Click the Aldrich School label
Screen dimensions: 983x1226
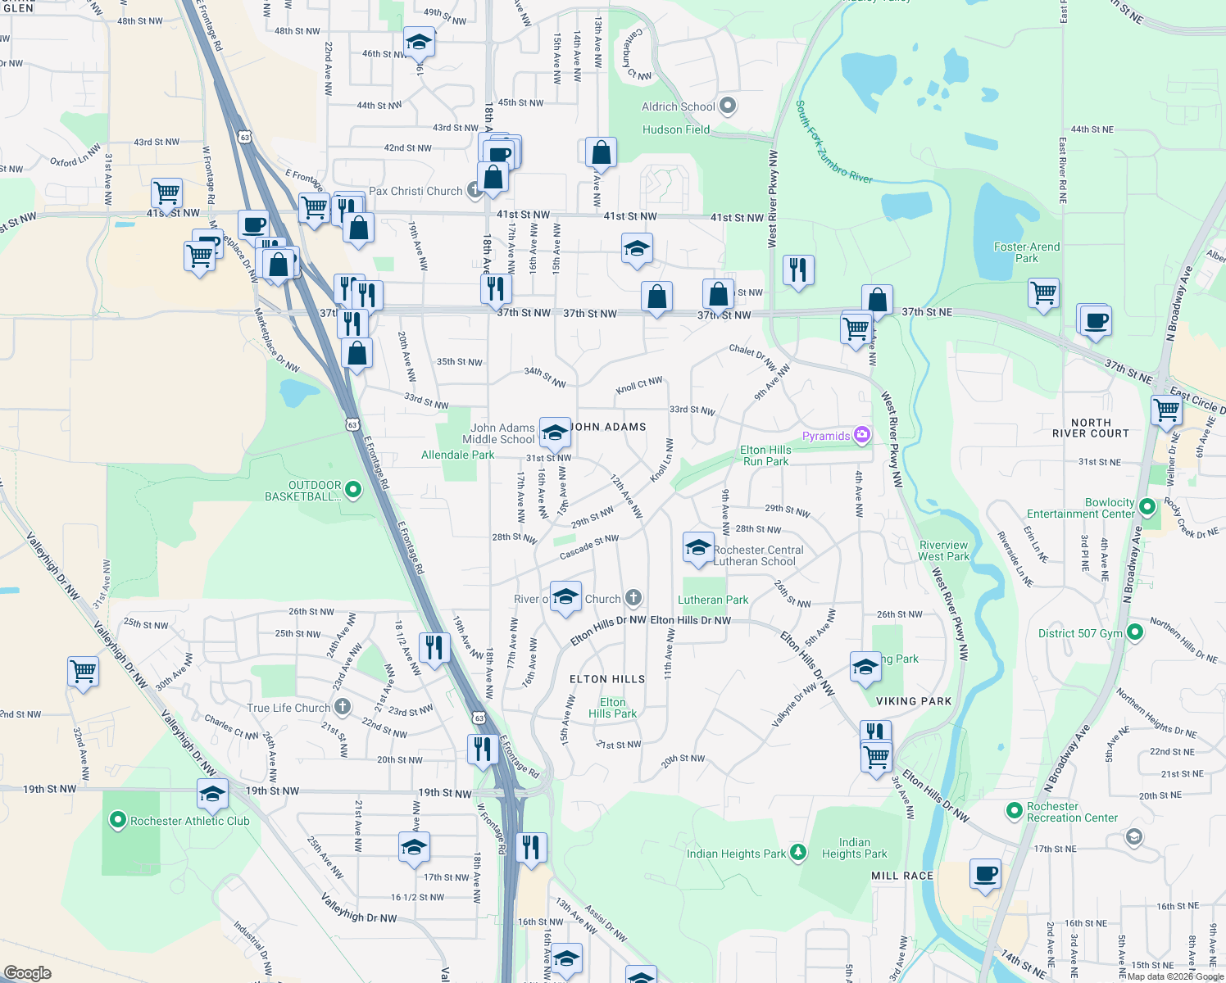coord(678,106)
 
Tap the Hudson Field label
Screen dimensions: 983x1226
coord(676,129)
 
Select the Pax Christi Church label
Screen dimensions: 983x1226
coord(415,191)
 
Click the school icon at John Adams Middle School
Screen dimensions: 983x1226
coord(555,431)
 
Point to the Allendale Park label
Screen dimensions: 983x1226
coord(457,455)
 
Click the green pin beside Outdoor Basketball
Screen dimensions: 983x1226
coord(353,490)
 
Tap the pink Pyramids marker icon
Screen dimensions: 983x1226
coord(861,435)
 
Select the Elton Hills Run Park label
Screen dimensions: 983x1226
coord(765,455)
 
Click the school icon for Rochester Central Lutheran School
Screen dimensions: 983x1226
coord(697,548)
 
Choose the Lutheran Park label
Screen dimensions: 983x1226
coord(713,600)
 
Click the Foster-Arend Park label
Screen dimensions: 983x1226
coord(1027,252)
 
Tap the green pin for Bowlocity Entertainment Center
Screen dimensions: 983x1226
coord(1147,507)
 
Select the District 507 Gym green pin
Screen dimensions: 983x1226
coord(1135,632)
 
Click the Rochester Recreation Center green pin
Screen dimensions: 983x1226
coord(1014,811)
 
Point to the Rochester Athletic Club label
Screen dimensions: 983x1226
coord(190,821)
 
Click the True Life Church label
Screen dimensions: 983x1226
coord(288,708)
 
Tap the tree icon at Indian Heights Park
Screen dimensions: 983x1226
coord(798,853)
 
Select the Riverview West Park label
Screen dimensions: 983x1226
coord(943,550)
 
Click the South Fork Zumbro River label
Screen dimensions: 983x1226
coord(833,142)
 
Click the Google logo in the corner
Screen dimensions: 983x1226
coord(27,972)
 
